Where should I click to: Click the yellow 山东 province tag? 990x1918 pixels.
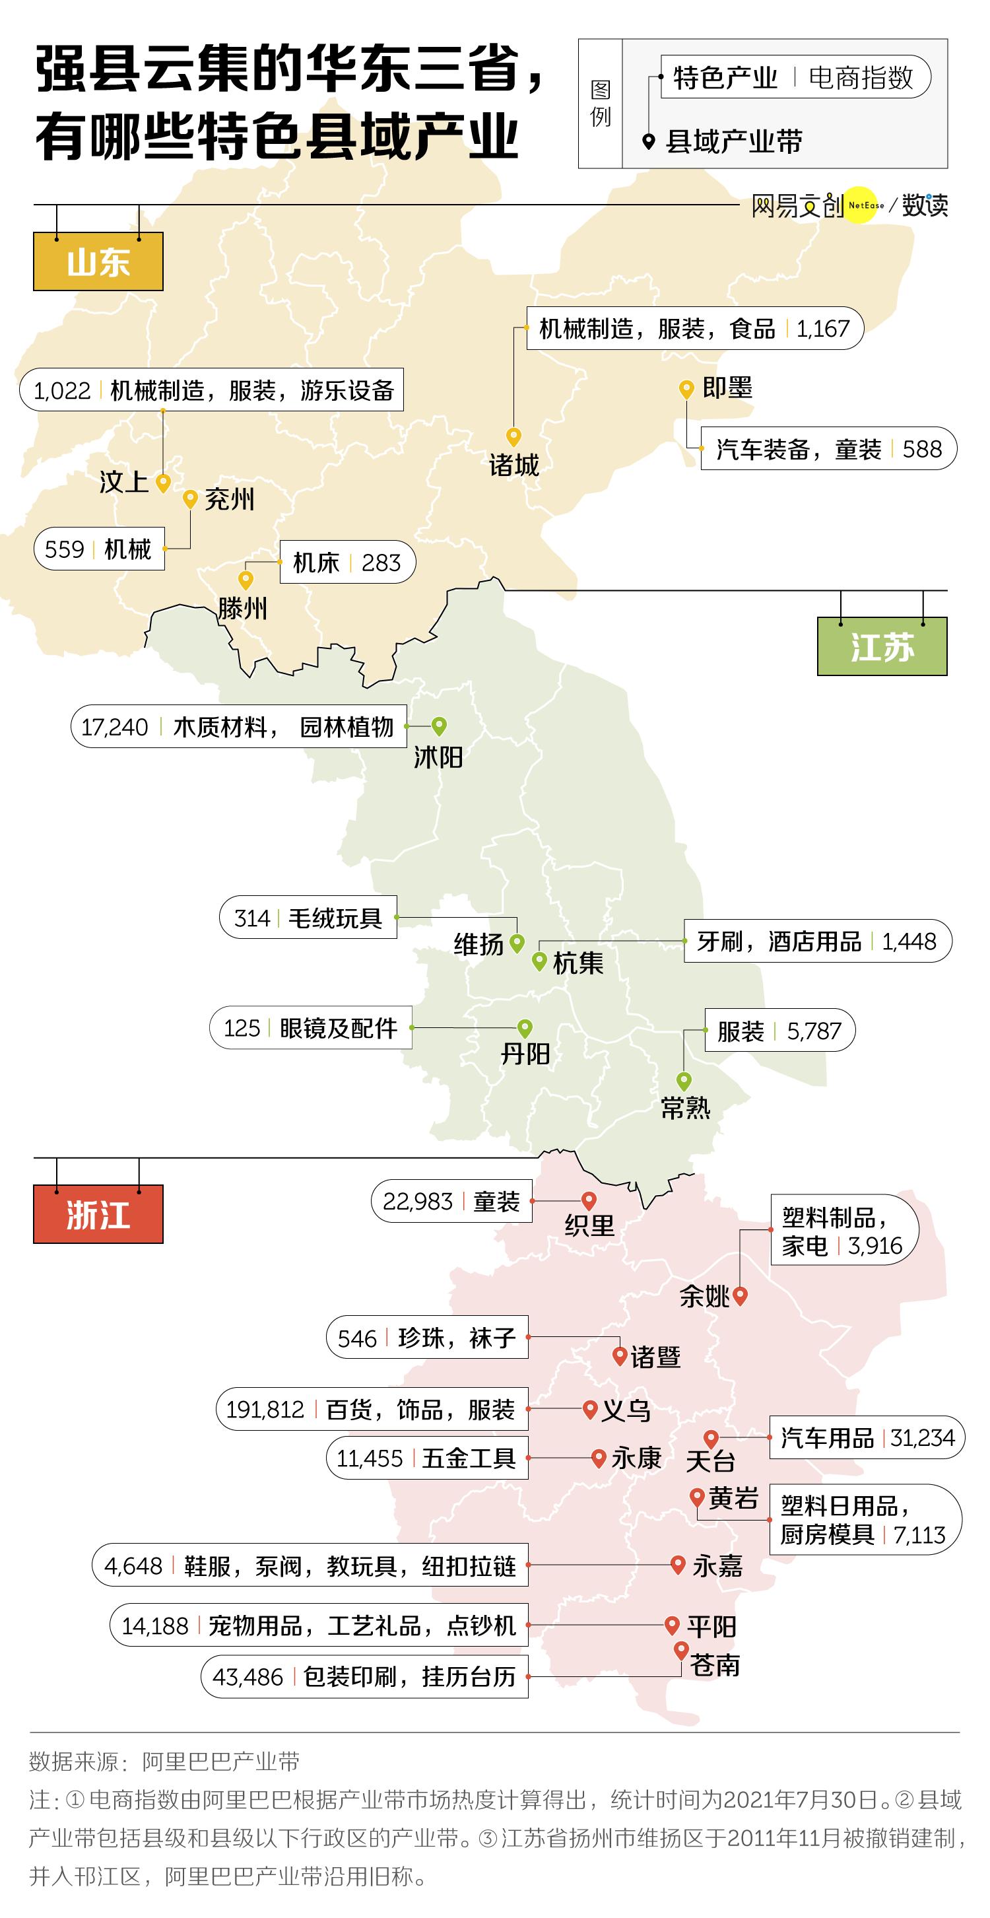(x=98, y=261)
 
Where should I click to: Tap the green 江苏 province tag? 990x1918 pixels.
(x=881, y=646)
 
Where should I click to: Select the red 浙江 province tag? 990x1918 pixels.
(x=98, y=1214)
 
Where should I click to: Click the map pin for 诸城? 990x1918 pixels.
(x=513, y=436)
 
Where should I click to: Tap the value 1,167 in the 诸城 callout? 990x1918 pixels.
(x=822, y=328)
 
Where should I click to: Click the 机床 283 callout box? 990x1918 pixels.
(x=347, y=562)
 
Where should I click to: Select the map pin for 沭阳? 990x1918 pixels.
(x=439, y=724)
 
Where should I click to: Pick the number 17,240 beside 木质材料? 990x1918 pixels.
(x=115, y=727)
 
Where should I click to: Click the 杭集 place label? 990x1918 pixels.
(x=577, y=963)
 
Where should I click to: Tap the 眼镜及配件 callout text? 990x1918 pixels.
(x=339, y=1028)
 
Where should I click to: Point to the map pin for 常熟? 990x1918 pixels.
(x=683, y=1080)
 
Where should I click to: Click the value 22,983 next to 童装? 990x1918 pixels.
(x=418, y=1201)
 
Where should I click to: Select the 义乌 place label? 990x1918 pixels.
(x=626, y=1410)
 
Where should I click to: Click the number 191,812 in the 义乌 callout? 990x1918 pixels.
(x=265, y=1410)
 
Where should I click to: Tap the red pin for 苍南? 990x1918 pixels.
(x=680, y=1650)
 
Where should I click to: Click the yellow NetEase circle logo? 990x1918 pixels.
(x=864, y=205)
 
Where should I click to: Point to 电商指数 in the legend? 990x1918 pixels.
(x=861, y=77)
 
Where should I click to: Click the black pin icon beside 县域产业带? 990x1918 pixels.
(x=648, y=141)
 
